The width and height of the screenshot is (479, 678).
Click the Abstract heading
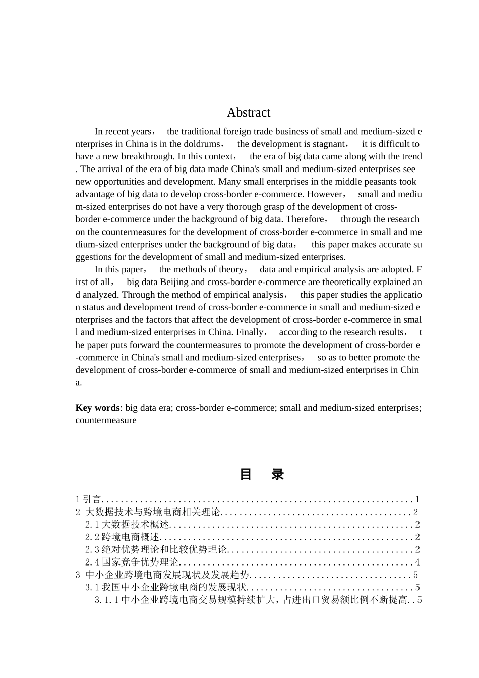(249, 112)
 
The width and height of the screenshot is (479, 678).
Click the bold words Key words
(97, 408)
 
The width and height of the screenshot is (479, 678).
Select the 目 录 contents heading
(261, 474)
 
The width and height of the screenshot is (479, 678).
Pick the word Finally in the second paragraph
(250, 332)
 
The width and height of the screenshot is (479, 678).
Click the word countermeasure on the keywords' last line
(106, 420)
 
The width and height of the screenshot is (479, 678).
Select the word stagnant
(325, 144)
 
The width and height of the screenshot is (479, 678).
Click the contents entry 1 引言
(89, 499)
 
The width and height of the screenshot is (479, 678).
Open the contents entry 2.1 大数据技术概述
(127, 525)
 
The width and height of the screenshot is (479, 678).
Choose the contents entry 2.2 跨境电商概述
(122, 537)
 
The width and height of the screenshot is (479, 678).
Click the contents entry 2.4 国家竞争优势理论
(132, 562)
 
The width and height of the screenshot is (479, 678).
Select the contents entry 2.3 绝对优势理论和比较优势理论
(156, 550)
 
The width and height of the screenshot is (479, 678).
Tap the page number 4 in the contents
(417, 562)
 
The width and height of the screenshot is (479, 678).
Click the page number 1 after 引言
(417, 499)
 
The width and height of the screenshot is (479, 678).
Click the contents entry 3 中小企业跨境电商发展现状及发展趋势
(163, 575)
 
